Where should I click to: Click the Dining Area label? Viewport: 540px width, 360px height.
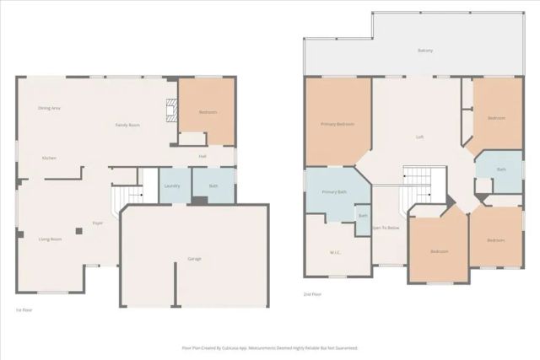[x=49, y=108]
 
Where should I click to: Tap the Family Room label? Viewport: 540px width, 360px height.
[x=127, y=125]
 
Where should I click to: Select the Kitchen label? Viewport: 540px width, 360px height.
[x=49, y=159]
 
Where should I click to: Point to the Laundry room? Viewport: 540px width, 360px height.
[x=172, y=185]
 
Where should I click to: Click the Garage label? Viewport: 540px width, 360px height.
[x=194, y=259]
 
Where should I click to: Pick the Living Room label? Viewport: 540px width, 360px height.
[x=50, y=239]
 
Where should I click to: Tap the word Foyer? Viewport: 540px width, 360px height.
[x=98, y=223]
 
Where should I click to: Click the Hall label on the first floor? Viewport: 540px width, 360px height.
[x=202, y=156]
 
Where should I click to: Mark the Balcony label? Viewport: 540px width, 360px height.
[x=425, y=51]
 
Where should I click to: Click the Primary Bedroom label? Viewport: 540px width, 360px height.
[x=337, y=124]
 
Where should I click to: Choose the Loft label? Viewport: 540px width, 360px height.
[x=419, y=137]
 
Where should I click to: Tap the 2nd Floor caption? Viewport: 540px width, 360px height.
[x=311, y=294]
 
